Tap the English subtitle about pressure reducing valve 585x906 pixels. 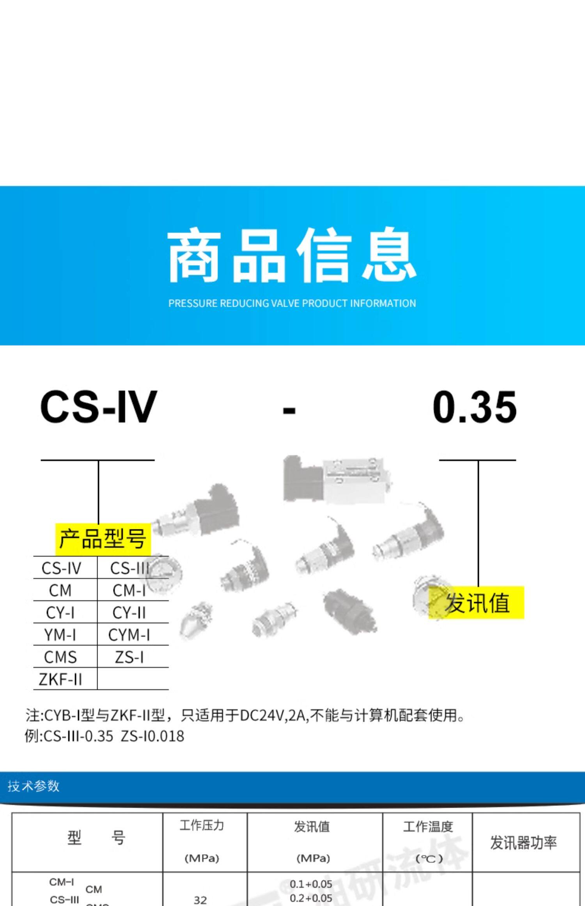point(292,303)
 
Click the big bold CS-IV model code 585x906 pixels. point(99,407)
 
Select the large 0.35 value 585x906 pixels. point(475,407)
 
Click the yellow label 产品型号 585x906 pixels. point(103,539)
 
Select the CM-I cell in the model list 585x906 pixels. point(129,590)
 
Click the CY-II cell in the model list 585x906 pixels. point(129,613)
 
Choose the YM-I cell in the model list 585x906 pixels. point(60,635)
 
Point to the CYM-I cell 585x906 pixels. point(129,635)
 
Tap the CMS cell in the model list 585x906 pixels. point(60,657)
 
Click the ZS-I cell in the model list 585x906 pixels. point(129,657)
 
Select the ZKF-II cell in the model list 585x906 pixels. point(60,679)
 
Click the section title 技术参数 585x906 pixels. point(34,786)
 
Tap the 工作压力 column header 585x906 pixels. point(202,826)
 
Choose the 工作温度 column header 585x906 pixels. point(428,827)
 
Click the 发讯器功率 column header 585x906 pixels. point(523,843)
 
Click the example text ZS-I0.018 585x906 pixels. point(152,736)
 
